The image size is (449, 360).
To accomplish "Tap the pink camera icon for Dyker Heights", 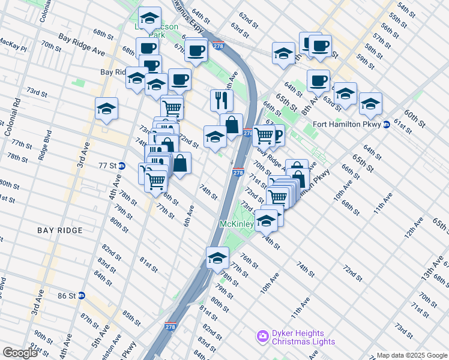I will (262, 337).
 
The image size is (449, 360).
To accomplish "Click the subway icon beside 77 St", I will (122, 166).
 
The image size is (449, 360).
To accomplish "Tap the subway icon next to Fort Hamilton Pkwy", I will (387, 125).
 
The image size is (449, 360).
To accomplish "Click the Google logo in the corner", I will (20, 353).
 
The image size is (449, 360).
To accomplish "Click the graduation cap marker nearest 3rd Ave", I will (106, 109).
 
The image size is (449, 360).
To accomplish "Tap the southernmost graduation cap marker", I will (217, 258).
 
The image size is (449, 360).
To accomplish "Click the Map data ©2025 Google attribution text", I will (412, 355).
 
